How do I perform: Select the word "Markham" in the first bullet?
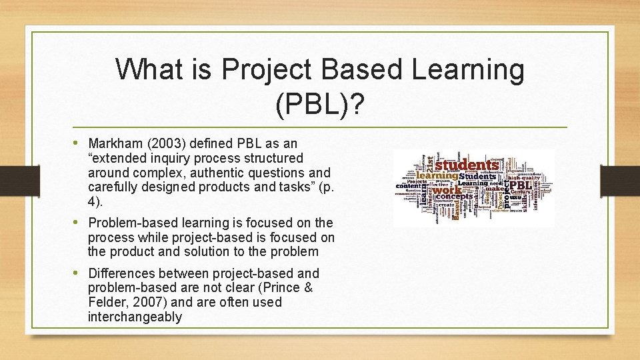pos(114,143)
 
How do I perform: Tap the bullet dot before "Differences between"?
pos(79,273)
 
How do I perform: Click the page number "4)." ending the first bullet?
pos(96,201)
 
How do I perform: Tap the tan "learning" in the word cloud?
pos(433,176)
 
